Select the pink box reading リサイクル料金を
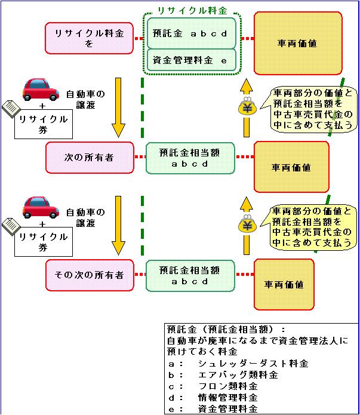point(89,38)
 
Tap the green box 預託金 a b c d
point(190,33)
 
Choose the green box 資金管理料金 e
point(190,60)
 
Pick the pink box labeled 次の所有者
point(89,158)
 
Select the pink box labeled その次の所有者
point(89,275)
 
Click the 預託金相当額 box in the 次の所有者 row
point(190,158)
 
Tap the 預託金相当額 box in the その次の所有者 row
point(190,275)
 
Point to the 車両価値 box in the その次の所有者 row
point(284,285)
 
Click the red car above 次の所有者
point(41,90)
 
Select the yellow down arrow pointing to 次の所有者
point(118,107)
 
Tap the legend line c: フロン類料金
point(221,386)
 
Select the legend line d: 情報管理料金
point(221,398)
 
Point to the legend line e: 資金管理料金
point(221,409)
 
